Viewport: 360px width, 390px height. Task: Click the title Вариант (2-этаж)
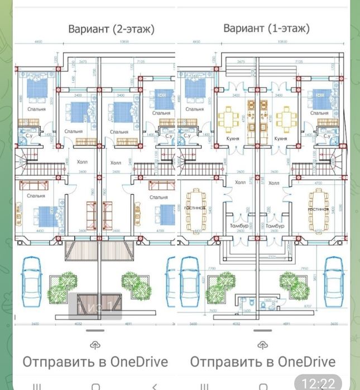point(111,28)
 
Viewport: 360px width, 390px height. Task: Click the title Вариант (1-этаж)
point(266,28)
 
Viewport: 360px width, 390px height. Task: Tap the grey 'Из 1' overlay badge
point(95,307)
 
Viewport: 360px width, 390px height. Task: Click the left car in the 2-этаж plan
point(32,281)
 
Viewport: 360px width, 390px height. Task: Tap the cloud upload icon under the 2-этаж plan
point(94,345)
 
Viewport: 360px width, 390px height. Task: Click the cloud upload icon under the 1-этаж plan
point(262,345)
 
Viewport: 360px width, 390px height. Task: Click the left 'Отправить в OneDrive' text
point(95,362)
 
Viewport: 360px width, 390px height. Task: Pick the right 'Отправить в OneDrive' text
point(263,362)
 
